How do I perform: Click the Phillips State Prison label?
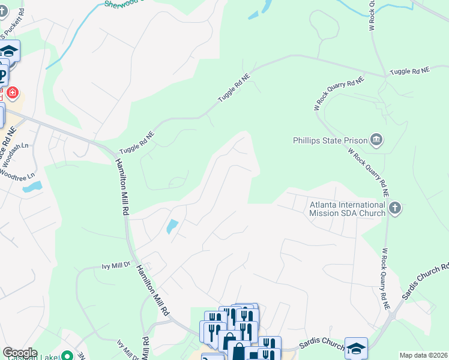click(x=330, y=140)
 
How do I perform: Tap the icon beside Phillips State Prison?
click(x=376, y=140)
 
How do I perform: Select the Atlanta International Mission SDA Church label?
click(x=347, y=208)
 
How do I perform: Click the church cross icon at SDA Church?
click(x=394, y=208)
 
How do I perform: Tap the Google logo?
click(x=20, y=353)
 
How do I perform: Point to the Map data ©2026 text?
click(x=423, y=355)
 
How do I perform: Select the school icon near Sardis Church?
click(x=356, y=347)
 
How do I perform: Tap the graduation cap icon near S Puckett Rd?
click(x=9, y=50)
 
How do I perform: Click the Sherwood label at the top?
click(x=123, y=3)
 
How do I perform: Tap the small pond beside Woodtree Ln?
click(x=32, y=187)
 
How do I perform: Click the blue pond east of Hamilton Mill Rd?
click(x=171, y=227)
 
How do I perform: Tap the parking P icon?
click(x=3, y=76)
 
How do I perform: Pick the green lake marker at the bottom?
click(x=67, y=356)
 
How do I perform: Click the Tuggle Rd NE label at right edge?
click(x=409, y=71)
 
